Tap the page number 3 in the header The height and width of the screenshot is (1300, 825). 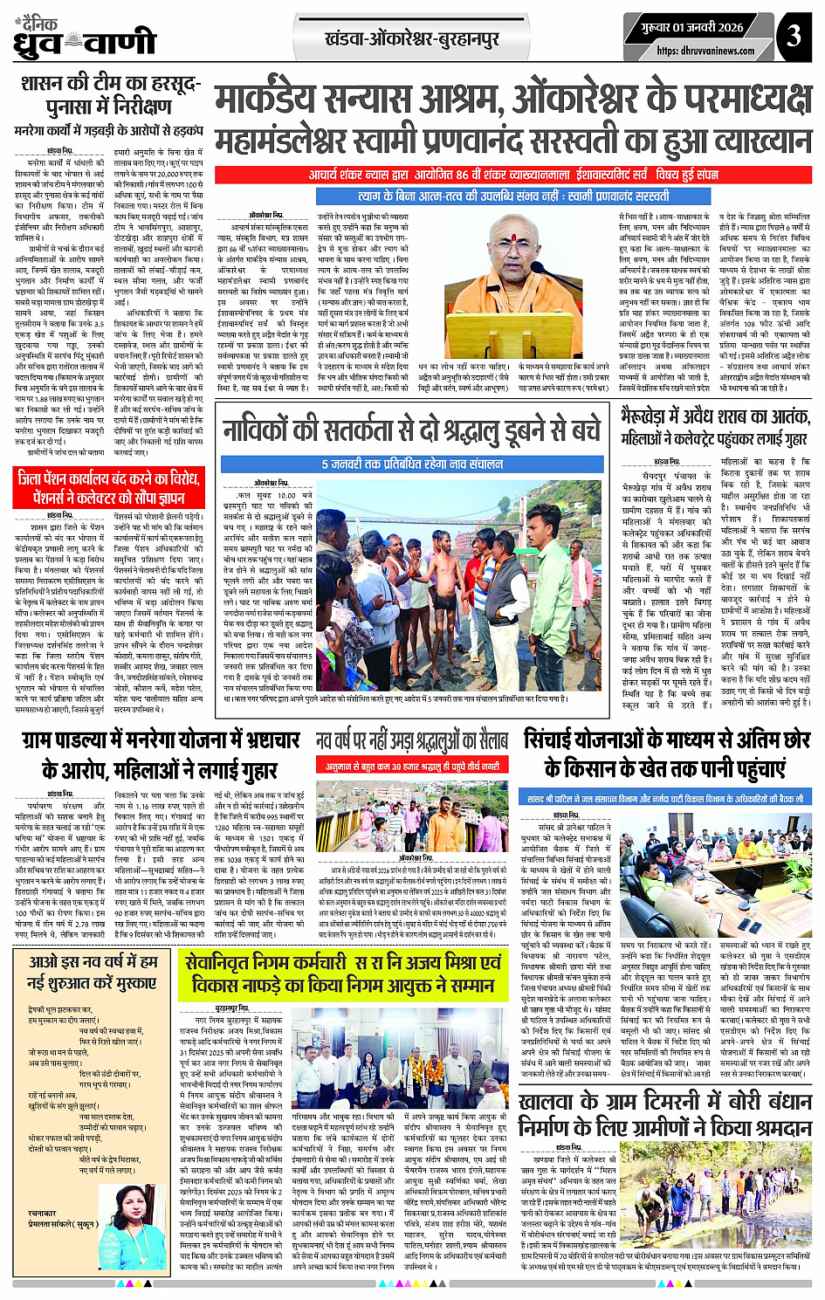click(793, 36)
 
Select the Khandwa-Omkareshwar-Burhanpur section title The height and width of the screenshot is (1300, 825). click(411, 39)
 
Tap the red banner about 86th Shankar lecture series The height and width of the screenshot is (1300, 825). click(512, 175)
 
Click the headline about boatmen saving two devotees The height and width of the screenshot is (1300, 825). click(412, 431)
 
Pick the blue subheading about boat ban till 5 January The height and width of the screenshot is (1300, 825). click(412, 464)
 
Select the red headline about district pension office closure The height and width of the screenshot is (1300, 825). click(108, 487)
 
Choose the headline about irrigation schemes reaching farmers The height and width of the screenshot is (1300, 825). click(667, 754)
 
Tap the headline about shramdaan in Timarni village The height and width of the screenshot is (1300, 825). click(665, 1115)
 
